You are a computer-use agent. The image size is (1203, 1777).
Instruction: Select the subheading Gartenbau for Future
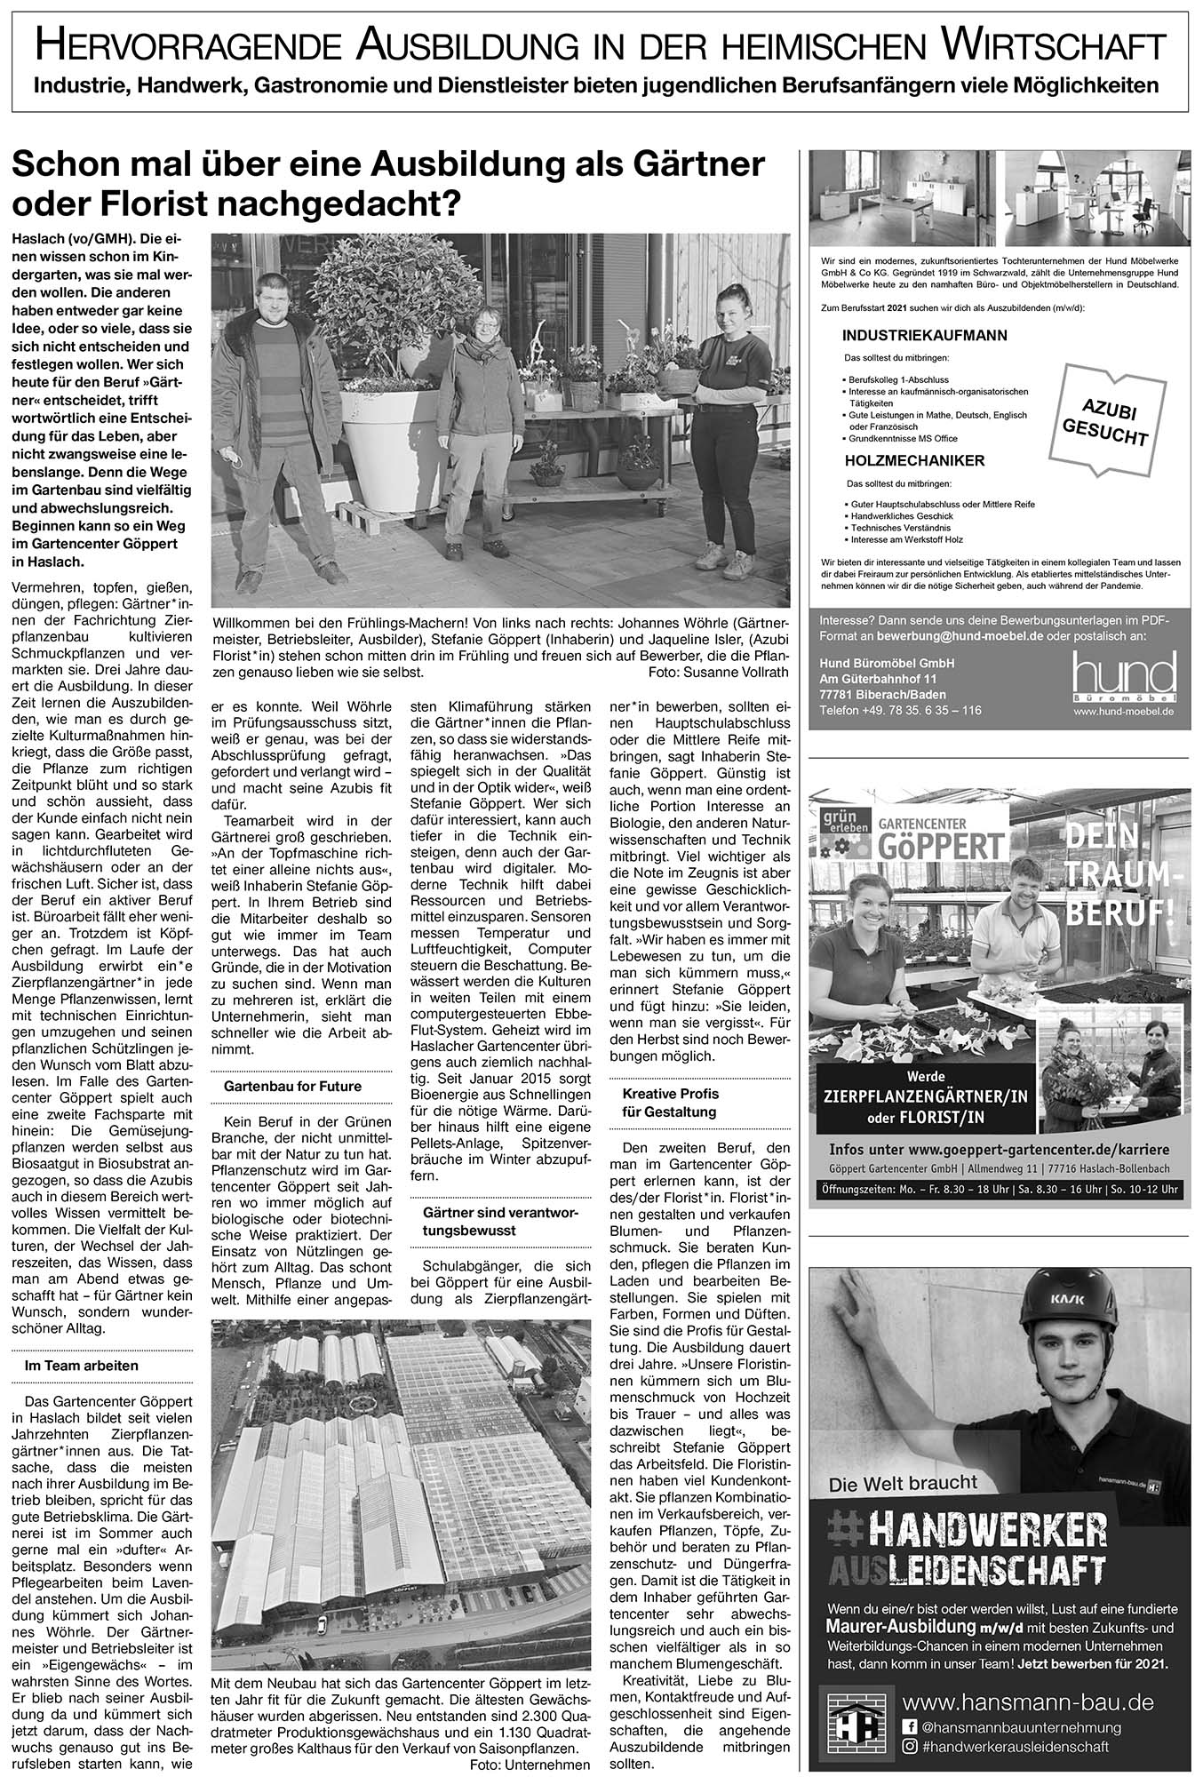292,1087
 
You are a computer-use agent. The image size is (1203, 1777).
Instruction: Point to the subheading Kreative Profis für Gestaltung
670,1103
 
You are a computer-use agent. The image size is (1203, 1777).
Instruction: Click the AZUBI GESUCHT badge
1103,421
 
